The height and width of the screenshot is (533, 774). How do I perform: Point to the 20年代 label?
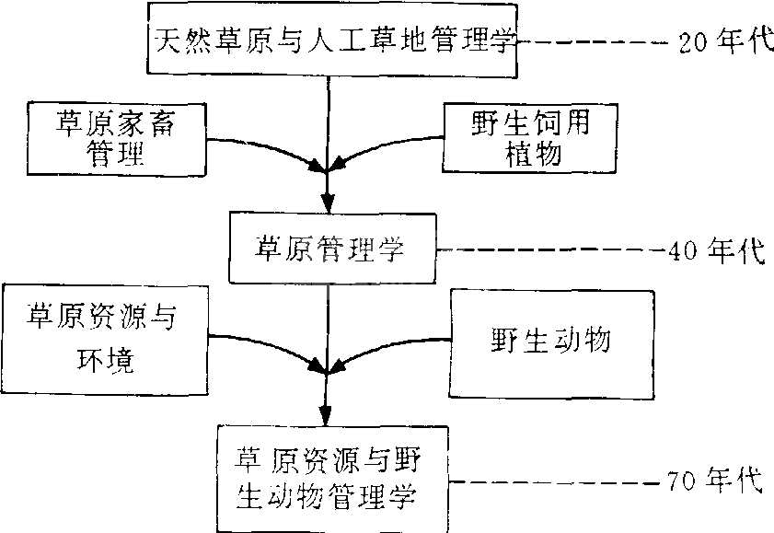tap(722, 42)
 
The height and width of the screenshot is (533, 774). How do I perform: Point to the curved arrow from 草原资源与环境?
tap(267, 350)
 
